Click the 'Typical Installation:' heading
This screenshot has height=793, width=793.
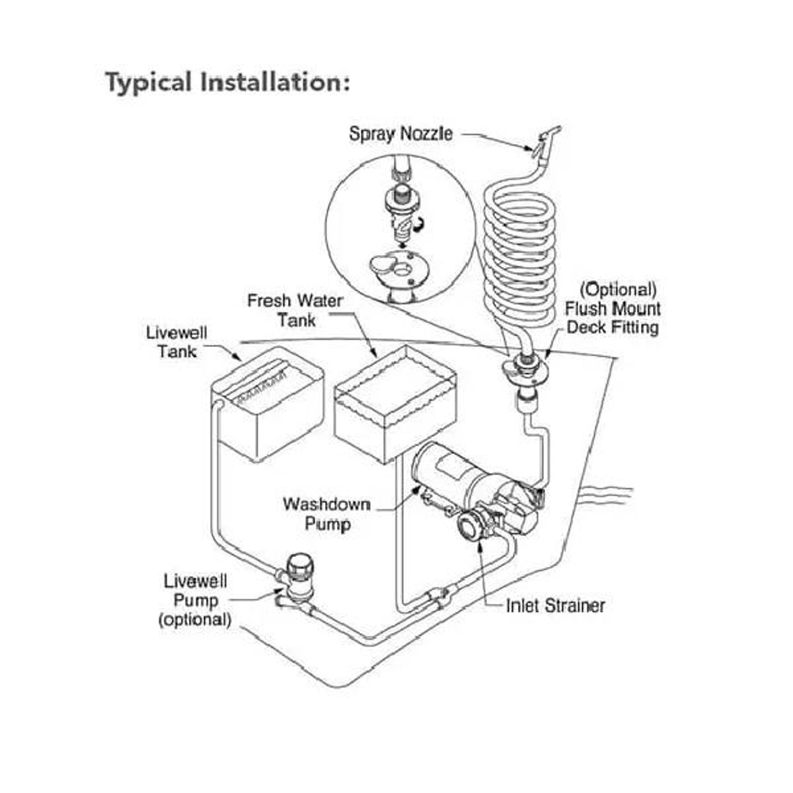point(227,82)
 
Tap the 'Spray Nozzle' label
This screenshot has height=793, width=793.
point(400,133)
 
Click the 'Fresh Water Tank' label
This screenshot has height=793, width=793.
point(295,310)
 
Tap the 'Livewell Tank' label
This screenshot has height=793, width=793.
point(177,342)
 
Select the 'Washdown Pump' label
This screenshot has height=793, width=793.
point(326,514)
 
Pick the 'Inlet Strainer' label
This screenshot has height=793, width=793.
point(555,605)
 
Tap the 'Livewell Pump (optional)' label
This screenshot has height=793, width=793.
point(195,600)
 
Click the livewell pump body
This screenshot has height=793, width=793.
point(299,576)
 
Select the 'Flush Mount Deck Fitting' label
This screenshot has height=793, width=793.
point(612,317)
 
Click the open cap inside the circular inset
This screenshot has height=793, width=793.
point(383,266)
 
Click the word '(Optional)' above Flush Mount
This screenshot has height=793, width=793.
point(618,289)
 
